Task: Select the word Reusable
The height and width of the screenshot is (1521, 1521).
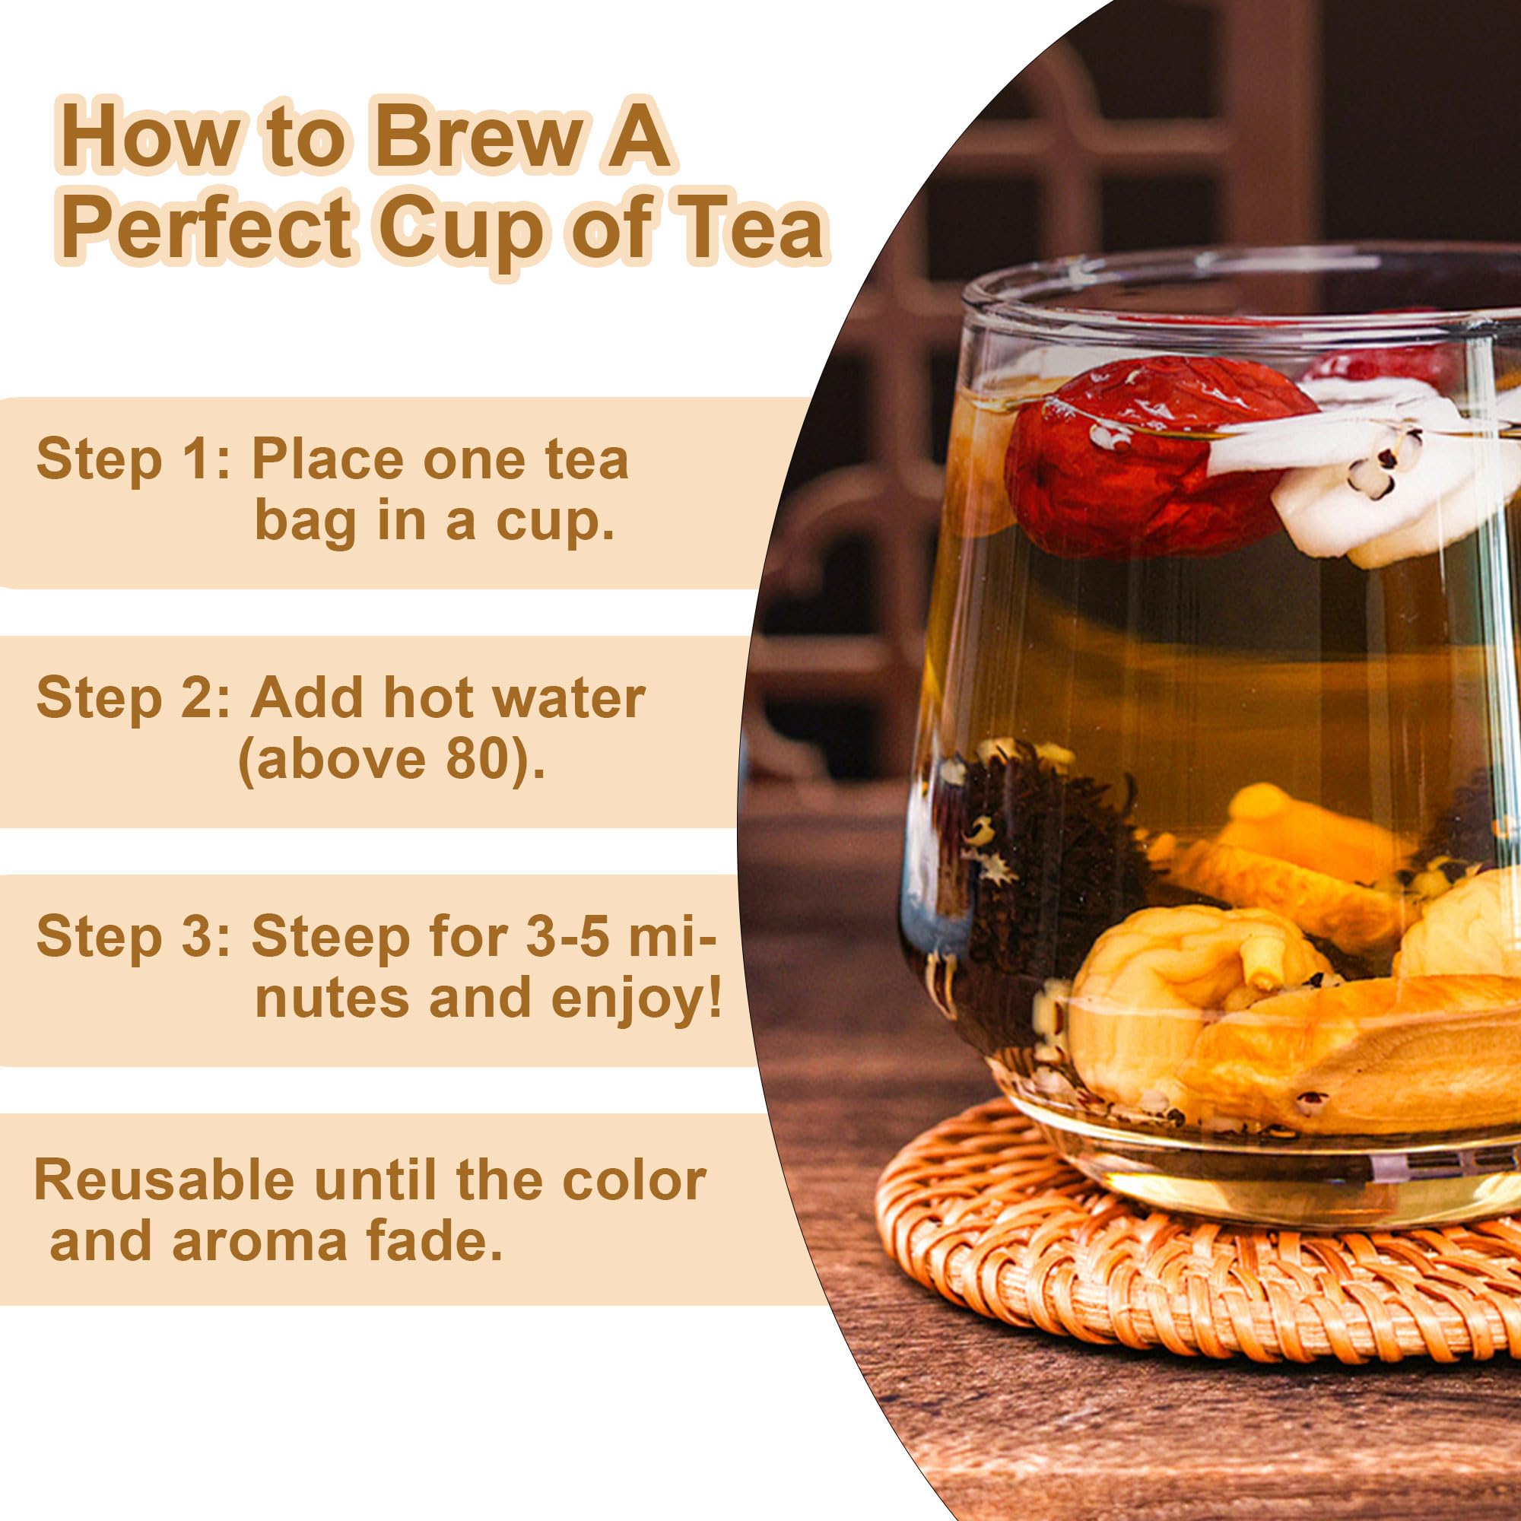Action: (164, 1180)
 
